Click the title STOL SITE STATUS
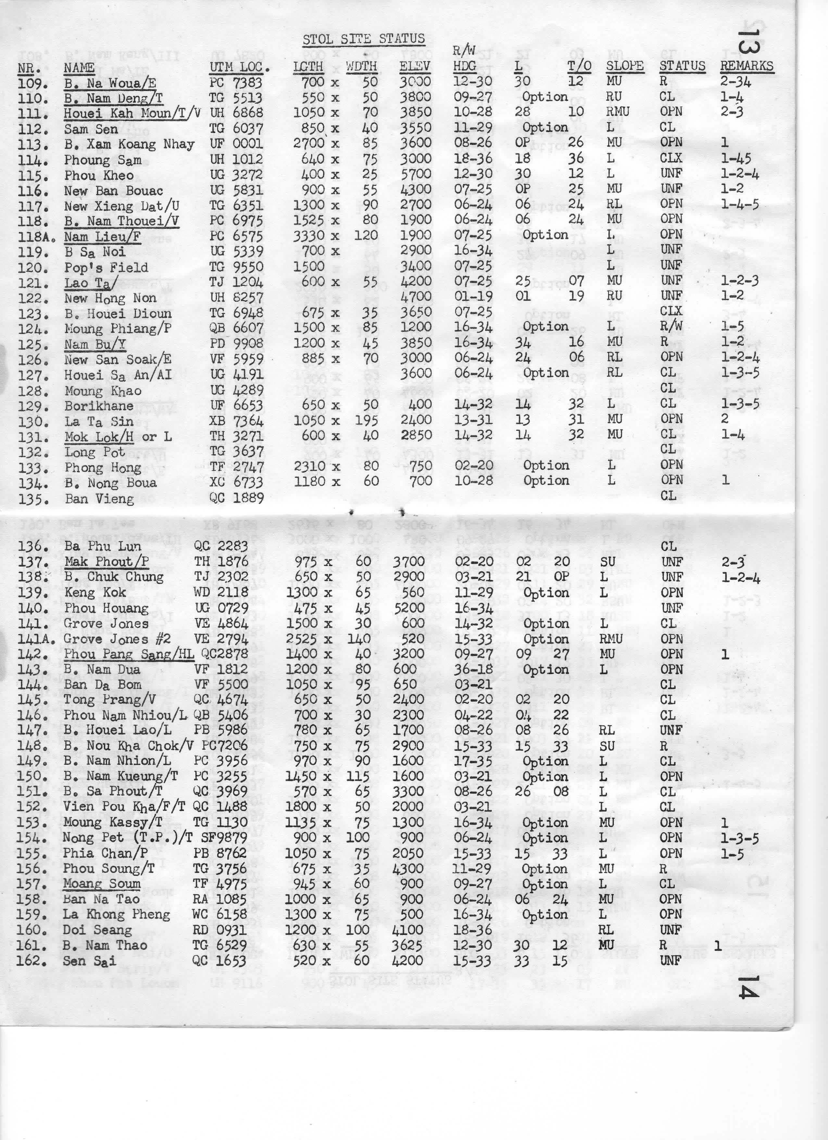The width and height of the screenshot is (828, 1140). (363, 39)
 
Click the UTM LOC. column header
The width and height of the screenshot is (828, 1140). (239, 67)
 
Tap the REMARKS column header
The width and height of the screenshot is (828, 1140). (746, 66)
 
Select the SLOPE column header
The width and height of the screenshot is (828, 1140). (624, 66)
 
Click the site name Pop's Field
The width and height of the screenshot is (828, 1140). (106, 267)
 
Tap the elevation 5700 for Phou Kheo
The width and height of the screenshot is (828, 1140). (415, 174)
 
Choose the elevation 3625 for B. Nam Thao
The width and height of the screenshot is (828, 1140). (408, 945)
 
